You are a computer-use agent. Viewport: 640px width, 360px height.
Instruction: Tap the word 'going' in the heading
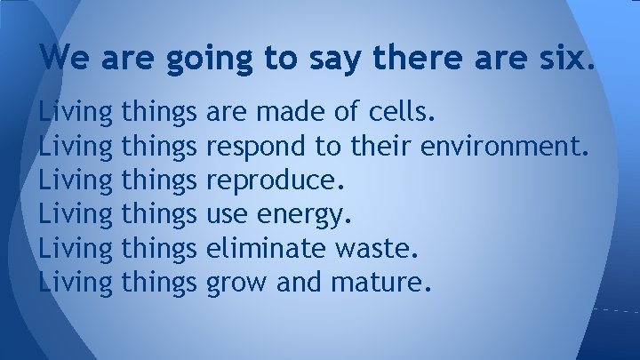(220, 60)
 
